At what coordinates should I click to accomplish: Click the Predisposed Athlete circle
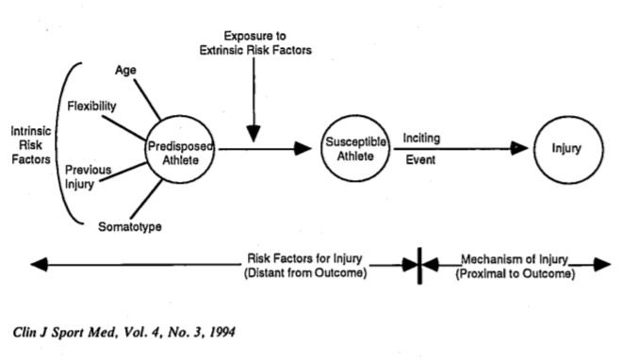click(x=180, y=147)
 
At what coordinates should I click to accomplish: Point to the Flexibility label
click(x=91, y=106)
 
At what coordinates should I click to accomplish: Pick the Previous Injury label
click(x=87, y=176)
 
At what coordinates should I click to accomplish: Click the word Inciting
click(x=423, y=138)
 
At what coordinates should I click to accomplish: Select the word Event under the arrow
click(x=419, y=160)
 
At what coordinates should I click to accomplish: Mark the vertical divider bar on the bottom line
click(x=417, y=266)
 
